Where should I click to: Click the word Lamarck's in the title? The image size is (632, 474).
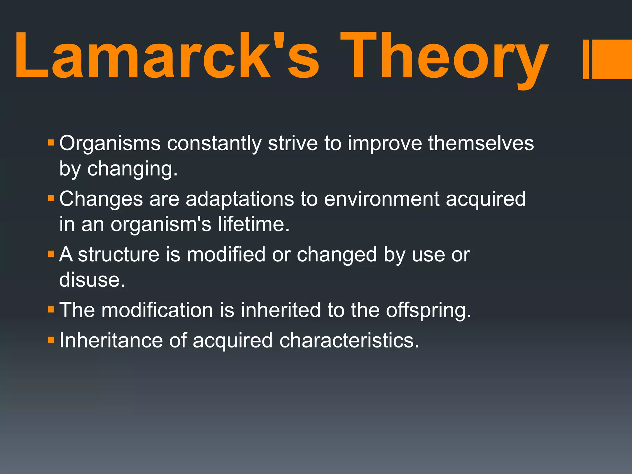(x=167, y=56)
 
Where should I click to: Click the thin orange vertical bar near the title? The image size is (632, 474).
(x=586, y=59)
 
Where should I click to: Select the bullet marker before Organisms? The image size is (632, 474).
(x=51, y=143)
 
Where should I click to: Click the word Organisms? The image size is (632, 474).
(x=110, y=143)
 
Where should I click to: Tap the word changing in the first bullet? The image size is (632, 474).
(x=132, y=169)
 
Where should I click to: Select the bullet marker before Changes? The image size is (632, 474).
(x=51, y=198)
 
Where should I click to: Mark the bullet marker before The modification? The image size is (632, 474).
(x=51, y=309)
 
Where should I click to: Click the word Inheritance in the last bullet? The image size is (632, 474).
(x=111, y=340)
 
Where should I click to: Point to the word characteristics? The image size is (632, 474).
(x=349, y=340)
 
